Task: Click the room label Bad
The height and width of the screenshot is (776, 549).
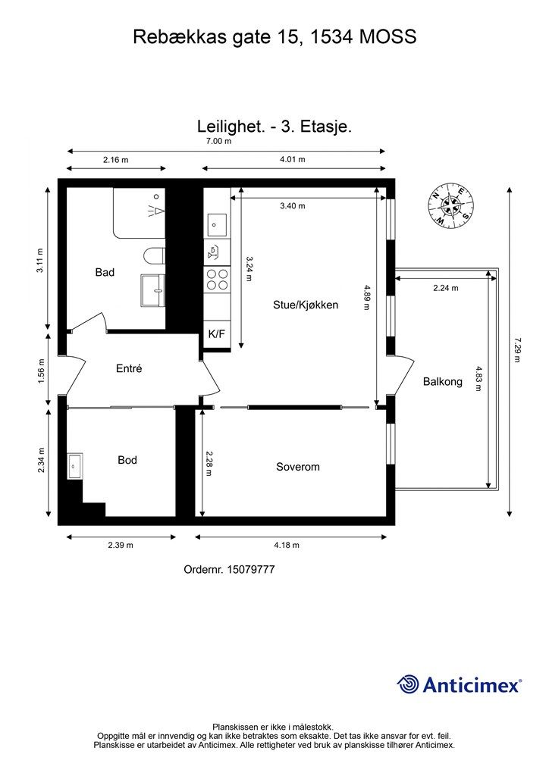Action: coord(105,272)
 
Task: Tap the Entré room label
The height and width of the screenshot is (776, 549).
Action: coord(129,369)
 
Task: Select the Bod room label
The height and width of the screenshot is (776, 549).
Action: coord(127,460)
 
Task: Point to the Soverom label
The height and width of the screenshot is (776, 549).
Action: coord(297,467)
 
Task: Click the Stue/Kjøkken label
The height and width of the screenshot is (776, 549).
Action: coord(306,305)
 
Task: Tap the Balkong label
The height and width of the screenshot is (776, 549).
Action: coord(442,382)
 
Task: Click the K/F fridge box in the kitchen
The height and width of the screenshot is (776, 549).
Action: coord(216,334)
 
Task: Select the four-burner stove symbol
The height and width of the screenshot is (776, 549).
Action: coord(217,280)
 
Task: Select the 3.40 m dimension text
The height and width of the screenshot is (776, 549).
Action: coord(292,206)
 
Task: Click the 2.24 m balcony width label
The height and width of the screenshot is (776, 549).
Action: coord(446,288)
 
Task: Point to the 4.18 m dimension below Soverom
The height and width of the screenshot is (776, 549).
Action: coord(286,545)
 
